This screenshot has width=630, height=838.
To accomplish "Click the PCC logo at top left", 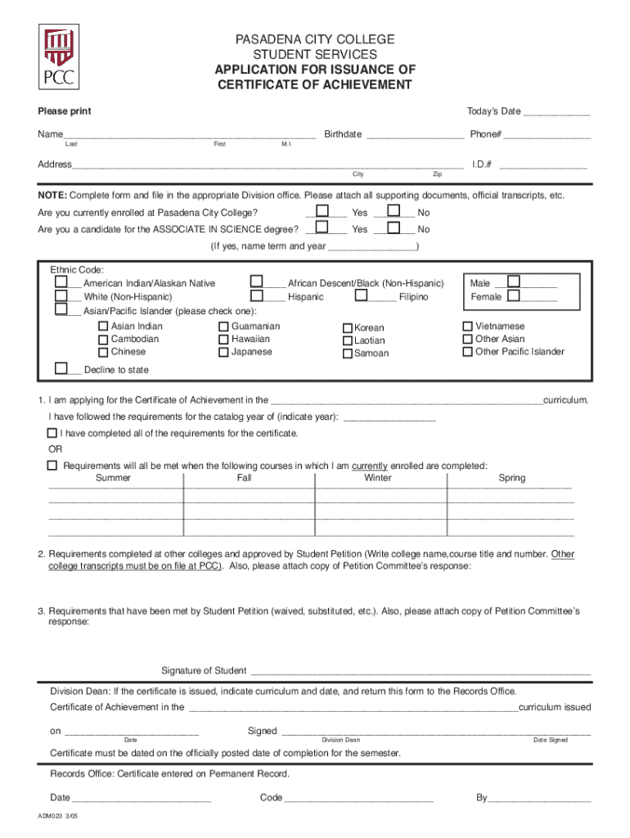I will point(56,56).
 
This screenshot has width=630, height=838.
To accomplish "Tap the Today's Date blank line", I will point(556,112).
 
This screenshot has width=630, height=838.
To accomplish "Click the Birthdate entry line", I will point(415,135).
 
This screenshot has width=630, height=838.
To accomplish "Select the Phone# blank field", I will point(547,135).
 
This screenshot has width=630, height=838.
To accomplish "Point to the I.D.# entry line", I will point(543,165).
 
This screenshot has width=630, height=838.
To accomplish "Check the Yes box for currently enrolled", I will point(323,211).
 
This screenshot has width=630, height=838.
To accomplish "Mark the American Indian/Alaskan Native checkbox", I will point(61,282).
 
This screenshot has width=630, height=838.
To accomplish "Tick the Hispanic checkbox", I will point(258,295).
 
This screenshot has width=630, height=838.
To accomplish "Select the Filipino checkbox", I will point(363,295).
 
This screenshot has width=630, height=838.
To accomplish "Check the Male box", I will point(514,282).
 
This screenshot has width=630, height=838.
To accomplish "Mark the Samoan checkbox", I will point(348,354).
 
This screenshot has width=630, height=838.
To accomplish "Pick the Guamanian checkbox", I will point(223,327).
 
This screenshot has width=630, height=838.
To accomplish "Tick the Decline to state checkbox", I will point(61,368).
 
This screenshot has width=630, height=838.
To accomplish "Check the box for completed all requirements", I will point(52,433).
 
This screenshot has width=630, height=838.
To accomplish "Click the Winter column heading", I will point(377,478).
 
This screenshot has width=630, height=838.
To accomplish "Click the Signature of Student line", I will point(420,671).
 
